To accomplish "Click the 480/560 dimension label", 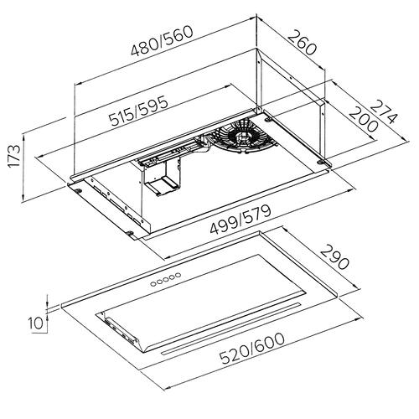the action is click(163, 41).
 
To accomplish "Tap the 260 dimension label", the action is click(303, 43).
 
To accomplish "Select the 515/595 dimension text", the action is click(139, 111).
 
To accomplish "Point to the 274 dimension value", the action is click(384, 111).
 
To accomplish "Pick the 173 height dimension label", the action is click(14, 156).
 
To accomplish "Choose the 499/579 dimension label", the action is click(241, 220).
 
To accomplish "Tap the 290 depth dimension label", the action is click(334, 257).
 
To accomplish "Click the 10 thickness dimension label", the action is click(36, 323).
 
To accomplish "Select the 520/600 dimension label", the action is click(252, 349).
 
